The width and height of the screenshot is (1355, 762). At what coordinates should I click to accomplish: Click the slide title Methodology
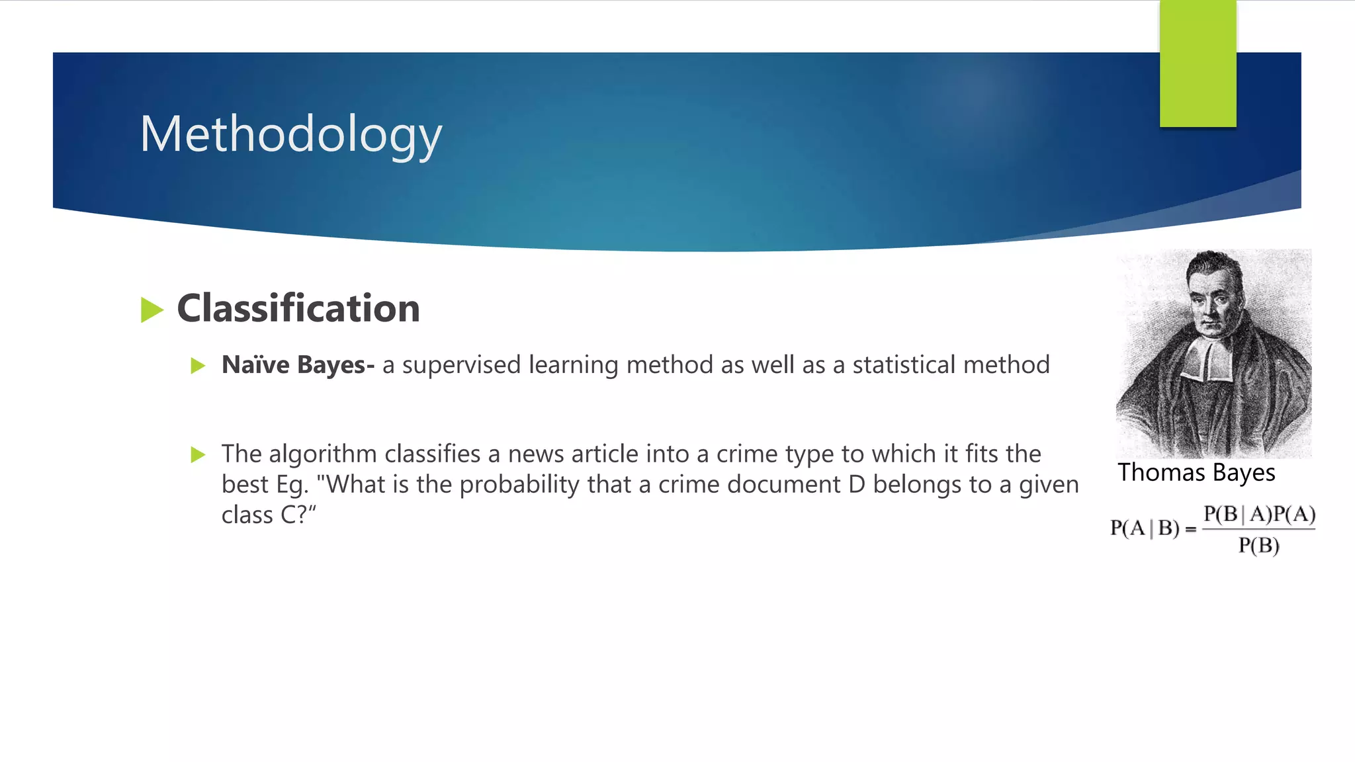point(290,134)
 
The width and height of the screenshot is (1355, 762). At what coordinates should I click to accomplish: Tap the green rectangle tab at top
point(1198,63)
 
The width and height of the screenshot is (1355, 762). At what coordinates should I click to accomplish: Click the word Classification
point(298,308)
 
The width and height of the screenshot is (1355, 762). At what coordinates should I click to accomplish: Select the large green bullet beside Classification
point(152,310)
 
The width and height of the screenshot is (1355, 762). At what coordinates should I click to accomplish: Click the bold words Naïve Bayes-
point(298,365)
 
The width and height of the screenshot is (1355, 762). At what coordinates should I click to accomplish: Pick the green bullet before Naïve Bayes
point(198,366)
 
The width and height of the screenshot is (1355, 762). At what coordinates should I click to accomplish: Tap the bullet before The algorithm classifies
point(198,454)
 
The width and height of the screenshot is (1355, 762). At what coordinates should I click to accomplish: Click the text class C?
point(269,515)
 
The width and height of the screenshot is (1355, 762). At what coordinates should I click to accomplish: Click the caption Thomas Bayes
point(1196,473)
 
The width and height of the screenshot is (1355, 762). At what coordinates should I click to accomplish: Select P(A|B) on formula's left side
point(1145,529)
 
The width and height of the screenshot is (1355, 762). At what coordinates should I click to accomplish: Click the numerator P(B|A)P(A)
point(1259,514)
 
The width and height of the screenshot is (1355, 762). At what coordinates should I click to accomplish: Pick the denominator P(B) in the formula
point(1258,546)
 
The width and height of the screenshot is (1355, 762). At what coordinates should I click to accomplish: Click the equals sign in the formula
point(1190,529)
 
